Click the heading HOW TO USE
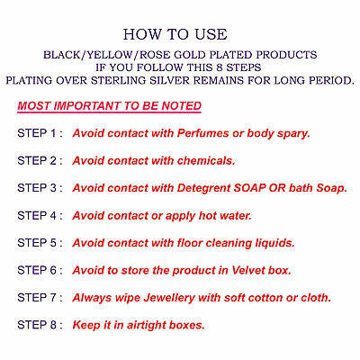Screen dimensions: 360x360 click(175, 34)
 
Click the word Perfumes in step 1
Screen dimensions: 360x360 click(202, 133)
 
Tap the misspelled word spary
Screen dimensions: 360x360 click(293, 134)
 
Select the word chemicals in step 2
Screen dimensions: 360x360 click(206, 160)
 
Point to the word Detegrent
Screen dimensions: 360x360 click(204, 188)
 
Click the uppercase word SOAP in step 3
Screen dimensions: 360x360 click(249, 188)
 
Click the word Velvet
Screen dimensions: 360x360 click(248, 270)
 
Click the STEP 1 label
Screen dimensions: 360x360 click(40, 133)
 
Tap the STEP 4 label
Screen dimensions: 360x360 click(40, 215)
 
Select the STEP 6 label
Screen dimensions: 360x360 click(40, 270)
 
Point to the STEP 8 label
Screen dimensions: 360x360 click(40, 325)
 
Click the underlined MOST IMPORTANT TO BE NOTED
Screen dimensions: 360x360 click(109, 106)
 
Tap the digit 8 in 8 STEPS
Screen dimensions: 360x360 click(220, 67)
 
